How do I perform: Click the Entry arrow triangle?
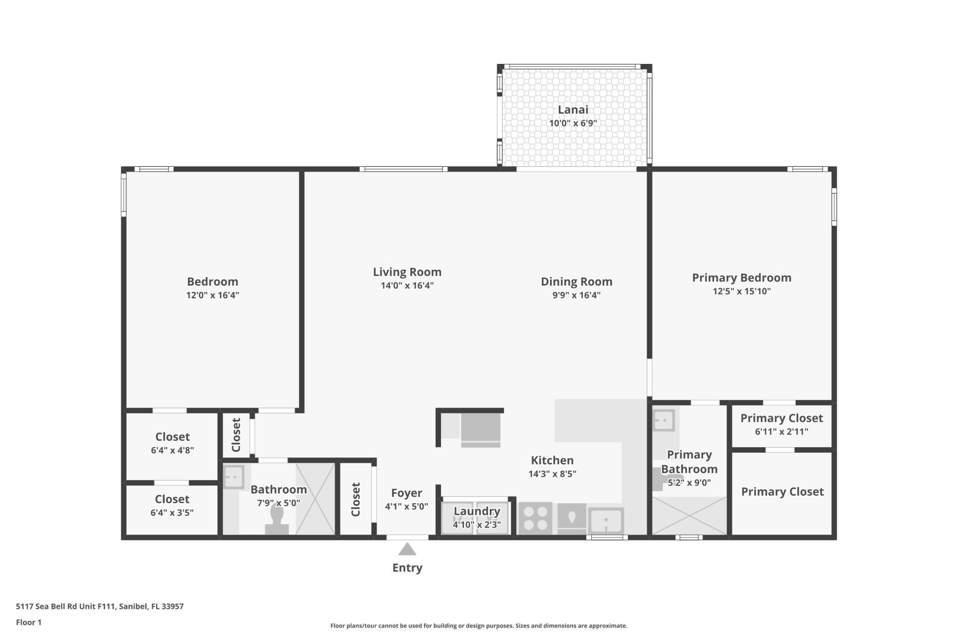point(407,550)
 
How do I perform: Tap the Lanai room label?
point(573,110)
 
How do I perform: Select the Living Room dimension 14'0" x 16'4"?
point(407,286)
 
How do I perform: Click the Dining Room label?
point(576,282)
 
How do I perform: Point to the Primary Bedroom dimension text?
point(741,291)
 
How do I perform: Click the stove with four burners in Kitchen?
point(535,518)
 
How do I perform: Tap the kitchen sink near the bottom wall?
point(606,521)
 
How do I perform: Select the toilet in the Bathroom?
point(277,519)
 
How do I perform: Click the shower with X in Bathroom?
point(315,499)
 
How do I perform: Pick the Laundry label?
point(477,511)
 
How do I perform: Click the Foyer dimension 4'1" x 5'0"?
point(406,506)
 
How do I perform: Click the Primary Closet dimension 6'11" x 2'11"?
point(781,431)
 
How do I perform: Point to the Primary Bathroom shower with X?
point(690,516)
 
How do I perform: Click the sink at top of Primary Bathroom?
point(664,420)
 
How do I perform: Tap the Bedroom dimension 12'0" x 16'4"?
point(213,295)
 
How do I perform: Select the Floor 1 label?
point(29,622)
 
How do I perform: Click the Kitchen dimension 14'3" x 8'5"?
point(552,474)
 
